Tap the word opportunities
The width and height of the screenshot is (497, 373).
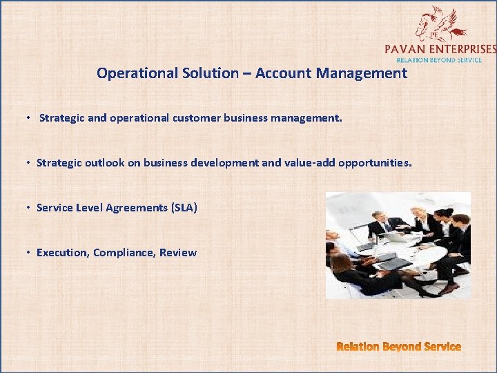(373, 164)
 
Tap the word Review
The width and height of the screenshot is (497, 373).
(178, 253)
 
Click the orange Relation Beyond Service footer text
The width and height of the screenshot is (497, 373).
(398, 347)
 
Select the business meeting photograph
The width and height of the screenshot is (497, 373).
(398, 245)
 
